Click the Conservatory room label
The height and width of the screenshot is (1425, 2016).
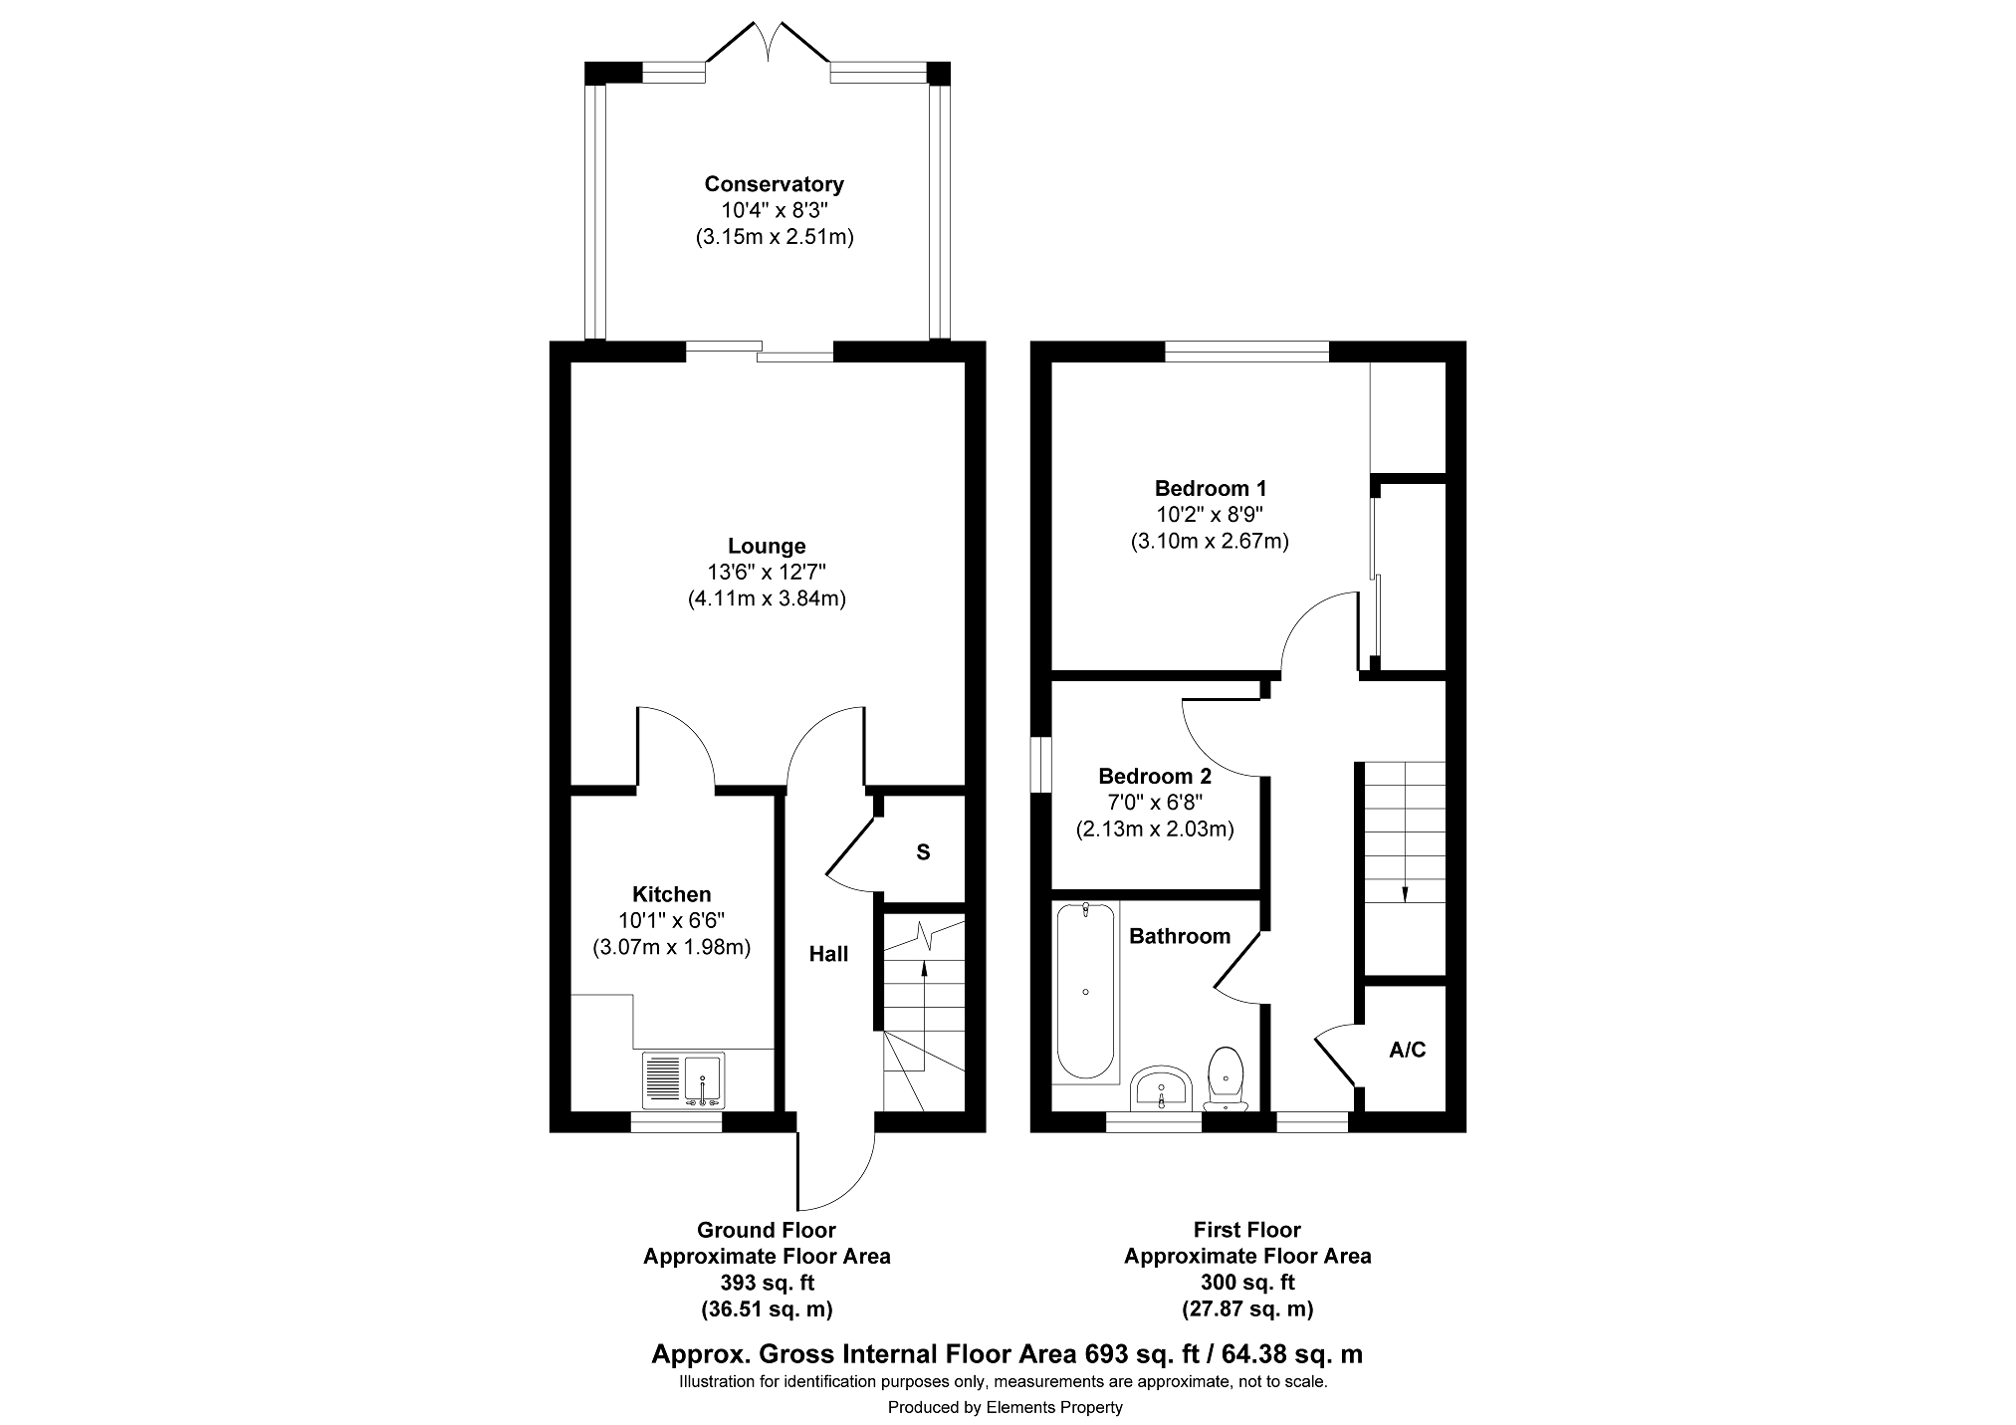click(774, 184)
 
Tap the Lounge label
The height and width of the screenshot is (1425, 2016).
click(767, 546)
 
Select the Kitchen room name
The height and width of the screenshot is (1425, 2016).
click(672, 894)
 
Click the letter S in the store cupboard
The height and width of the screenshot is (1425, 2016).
click(923, 852)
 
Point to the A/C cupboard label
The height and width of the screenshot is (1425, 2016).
click(1408, 1050)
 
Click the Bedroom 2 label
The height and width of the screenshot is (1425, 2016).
click(1155, 776)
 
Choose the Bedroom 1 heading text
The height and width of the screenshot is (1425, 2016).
click(1211, 488)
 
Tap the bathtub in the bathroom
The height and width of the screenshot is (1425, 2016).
click(1085, 990)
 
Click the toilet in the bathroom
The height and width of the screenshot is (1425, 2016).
click(1226, 1079)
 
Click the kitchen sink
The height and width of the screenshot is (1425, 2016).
click(686, 1079)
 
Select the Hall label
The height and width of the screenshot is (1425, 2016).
click(828, 954)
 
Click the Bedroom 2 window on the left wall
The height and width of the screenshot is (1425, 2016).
click(1041, 765)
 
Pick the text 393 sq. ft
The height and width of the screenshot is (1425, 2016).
click(766, 1283)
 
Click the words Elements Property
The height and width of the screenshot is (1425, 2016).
click(1054, 1407)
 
